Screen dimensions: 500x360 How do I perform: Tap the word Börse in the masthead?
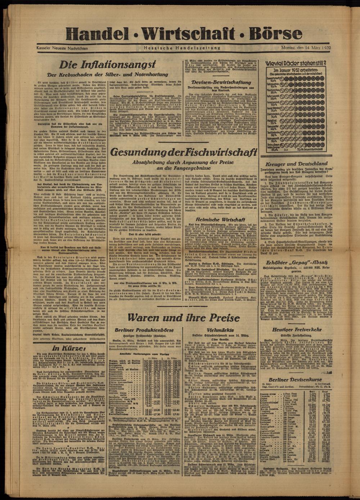[273, 35]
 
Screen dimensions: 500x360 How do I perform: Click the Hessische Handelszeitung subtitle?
[182, 48]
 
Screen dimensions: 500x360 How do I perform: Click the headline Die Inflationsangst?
[108, 65]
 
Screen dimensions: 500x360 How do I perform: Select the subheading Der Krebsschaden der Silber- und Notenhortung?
[108, 75]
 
